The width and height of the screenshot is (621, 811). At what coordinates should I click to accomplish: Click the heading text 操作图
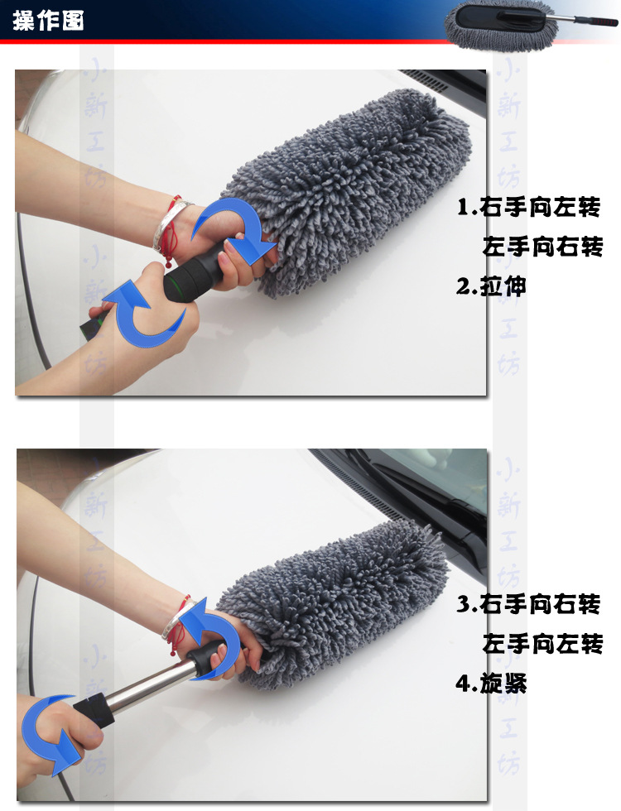click(48, 21)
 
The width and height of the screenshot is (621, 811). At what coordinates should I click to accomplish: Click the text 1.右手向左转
click(528, 207)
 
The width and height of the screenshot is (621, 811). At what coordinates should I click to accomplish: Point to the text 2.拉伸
click(492, 286)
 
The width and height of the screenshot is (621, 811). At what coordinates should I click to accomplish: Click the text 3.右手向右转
click(528, 604)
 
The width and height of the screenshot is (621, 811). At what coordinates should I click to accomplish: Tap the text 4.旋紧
click(492, 684)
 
